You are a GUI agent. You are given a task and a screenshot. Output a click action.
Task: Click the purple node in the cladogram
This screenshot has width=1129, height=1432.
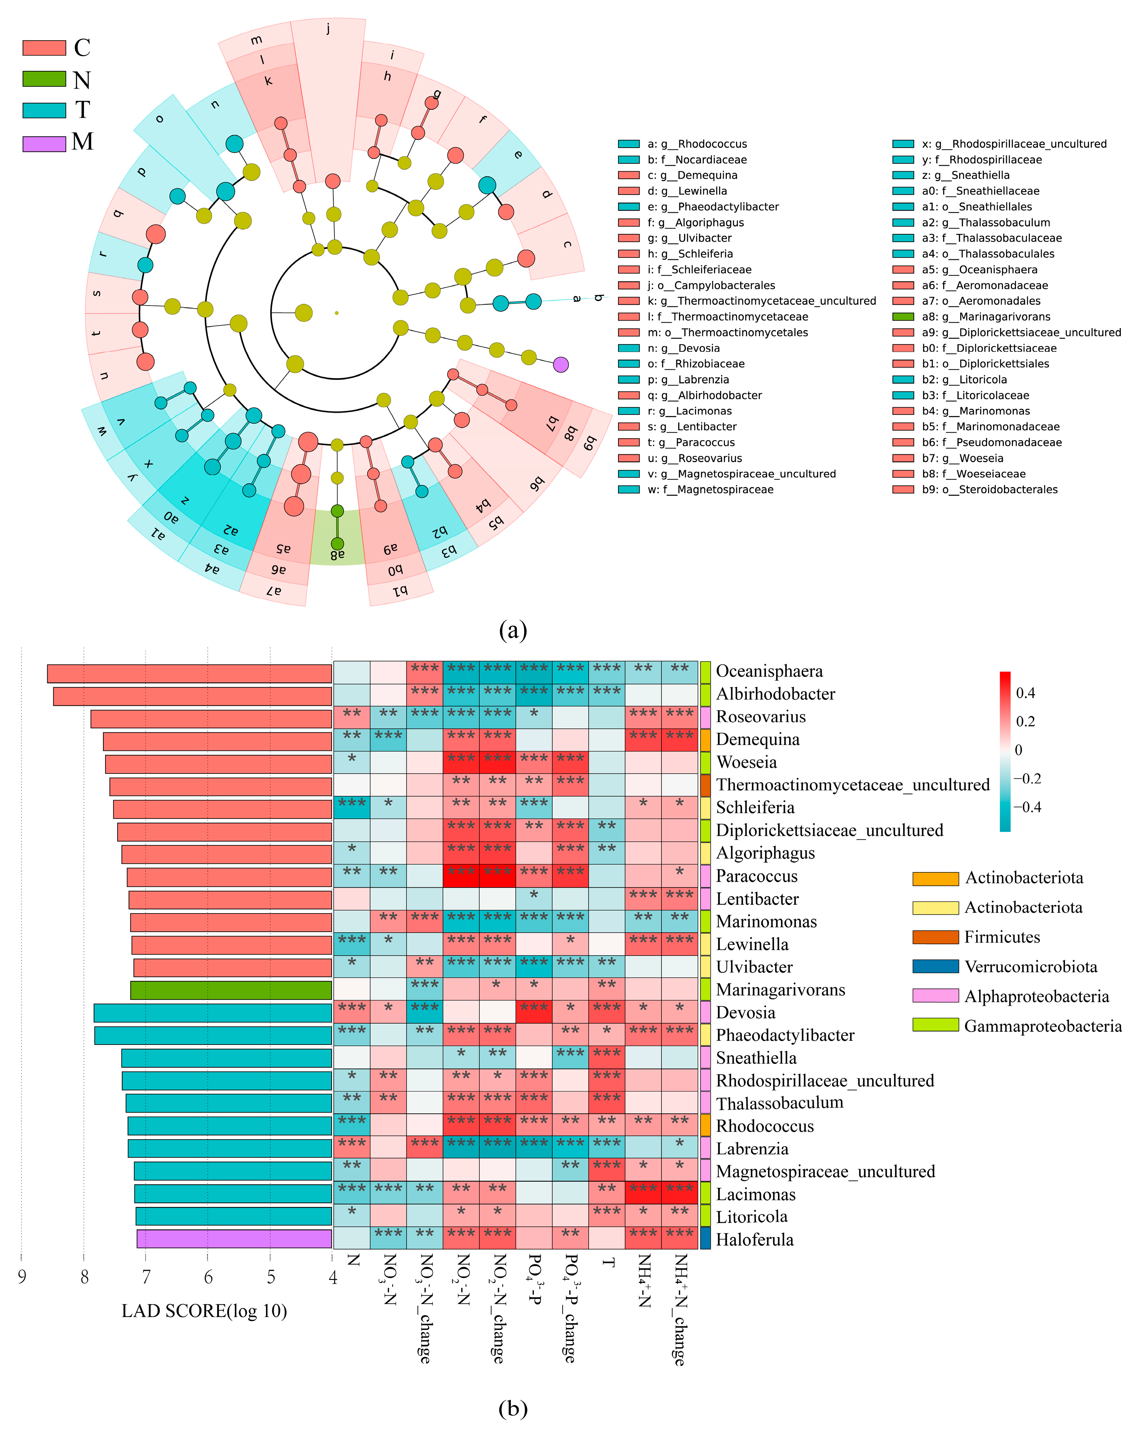click(561, 364)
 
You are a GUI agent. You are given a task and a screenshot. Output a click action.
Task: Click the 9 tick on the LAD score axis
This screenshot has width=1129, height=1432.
click(22, 1277)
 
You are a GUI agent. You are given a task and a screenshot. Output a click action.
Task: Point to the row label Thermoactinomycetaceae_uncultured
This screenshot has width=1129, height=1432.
click(853, 785)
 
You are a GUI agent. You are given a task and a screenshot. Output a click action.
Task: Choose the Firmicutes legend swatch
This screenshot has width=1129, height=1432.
click(935, 937)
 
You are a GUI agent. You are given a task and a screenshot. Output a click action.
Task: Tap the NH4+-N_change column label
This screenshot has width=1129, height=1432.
click(679, 1310)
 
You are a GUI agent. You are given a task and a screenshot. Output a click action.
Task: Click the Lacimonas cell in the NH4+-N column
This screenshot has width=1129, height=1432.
click(643, 1193)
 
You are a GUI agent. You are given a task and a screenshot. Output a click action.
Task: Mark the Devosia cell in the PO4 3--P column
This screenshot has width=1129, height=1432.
click(534, 1012)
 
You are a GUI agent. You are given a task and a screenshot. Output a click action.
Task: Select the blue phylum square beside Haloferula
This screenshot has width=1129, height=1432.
click(705, 1239)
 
